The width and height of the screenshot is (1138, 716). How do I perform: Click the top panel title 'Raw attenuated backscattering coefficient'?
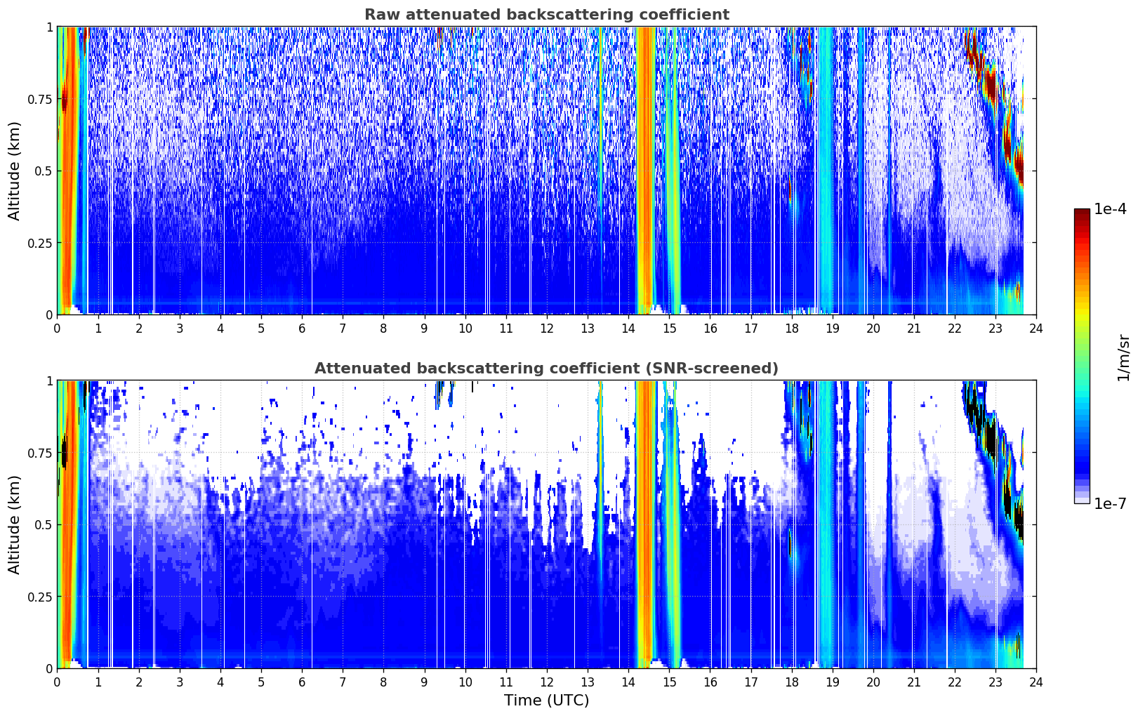(x=547, y=14)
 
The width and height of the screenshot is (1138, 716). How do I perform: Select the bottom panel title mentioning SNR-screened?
(x=547, y=368)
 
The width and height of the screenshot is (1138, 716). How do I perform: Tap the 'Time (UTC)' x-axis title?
(x=547, y=701)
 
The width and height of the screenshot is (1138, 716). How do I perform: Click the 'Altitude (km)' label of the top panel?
(x=14, y=171)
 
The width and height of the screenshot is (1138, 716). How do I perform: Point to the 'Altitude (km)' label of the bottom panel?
(x=14, y=525)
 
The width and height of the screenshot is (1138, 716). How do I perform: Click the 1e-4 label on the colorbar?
(x=1109, y=209)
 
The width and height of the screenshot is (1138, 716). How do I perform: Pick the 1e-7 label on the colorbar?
(x=1109, y=504)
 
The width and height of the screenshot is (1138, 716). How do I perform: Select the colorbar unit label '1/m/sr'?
(x=1123, y=357)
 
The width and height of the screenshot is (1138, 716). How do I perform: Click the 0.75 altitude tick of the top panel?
(x=39, y=100)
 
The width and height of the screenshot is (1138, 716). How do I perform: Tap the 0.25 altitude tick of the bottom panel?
(x=39, y=597)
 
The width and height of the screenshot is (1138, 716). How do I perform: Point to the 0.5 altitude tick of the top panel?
(x=43, y=172)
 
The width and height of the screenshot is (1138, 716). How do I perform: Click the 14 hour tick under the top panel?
(x=628, y=329)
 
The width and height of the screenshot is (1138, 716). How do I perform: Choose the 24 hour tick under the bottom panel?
(x=1036, y=682)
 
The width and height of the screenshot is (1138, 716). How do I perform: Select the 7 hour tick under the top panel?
(x=343, y=329)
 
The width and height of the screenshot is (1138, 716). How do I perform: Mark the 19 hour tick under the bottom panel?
(x=832, y=682)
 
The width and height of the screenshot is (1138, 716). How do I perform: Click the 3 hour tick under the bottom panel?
(x=179, y=682)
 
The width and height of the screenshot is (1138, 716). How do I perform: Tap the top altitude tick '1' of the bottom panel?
(x=50, y=381)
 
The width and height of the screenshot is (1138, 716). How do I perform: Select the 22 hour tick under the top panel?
(x=955, y=329)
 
